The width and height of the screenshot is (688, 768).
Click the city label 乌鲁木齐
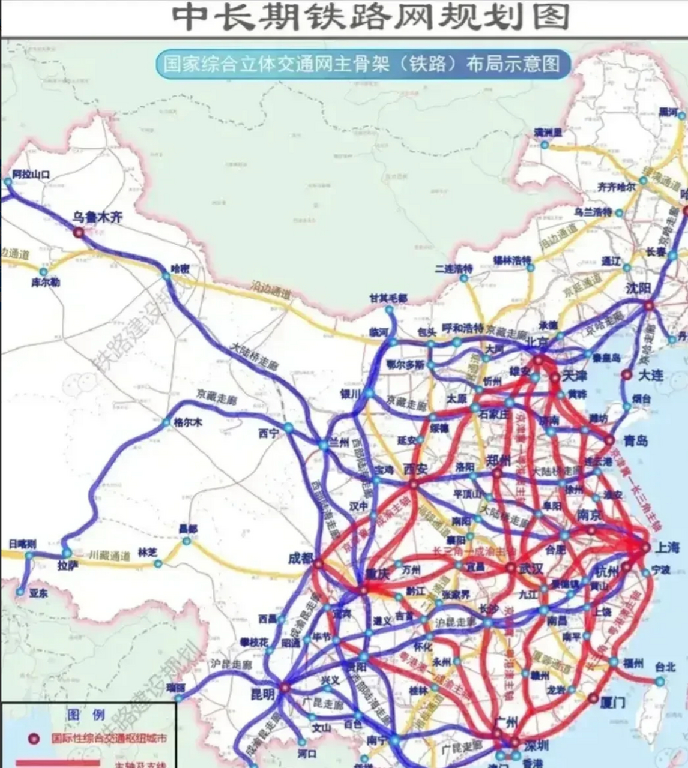(x=97, y=217)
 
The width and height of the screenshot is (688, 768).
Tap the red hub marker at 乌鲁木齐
(x=79, y=233)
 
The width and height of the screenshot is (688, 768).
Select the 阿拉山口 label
(x=31, y=175)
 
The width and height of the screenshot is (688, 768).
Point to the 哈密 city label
(x=180, y=269)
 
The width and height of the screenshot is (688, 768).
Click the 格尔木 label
(x=188, y=422)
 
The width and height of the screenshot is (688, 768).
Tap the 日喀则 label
(x=22, y=544)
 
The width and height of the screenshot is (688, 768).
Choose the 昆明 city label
(x=262, y=694)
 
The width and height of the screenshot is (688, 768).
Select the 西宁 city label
(x=269, y=433)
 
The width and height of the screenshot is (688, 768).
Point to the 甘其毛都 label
(x=388, y=298)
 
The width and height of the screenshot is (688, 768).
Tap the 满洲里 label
(x=548, y=133)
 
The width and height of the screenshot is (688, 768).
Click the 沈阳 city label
(x=637, y=288)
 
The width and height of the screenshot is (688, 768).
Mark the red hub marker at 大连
(x=627, y=375)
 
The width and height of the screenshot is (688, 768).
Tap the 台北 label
(x=665, y=667)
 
